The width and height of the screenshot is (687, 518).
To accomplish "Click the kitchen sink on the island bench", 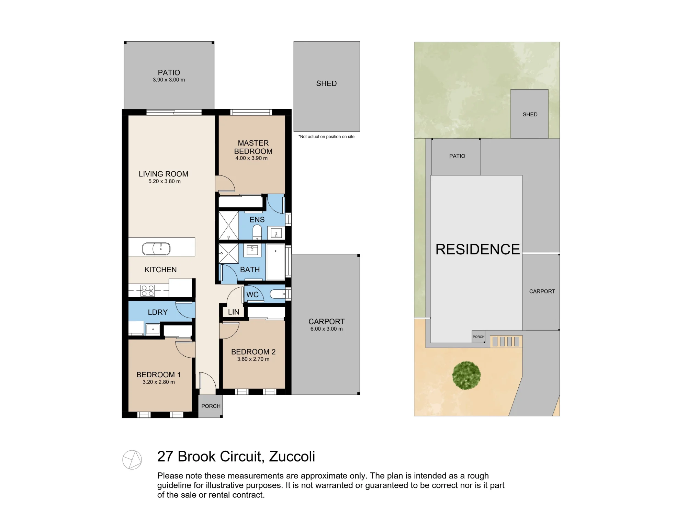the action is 156,249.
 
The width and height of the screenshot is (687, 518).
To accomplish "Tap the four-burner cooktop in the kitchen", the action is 148,291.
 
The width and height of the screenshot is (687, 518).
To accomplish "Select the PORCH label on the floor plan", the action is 211,406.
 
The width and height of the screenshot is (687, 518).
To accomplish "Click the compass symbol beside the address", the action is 132,460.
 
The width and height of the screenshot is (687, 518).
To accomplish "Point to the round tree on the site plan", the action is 466,375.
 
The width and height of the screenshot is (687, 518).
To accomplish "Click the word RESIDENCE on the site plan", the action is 477,249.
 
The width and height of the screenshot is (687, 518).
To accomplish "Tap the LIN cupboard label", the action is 234,312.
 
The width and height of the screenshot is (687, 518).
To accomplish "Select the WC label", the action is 252,295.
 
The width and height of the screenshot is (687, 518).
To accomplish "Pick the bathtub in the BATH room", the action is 275,262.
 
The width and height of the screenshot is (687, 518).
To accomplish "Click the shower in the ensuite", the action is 229,226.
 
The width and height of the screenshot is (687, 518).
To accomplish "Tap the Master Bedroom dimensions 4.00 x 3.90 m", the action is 251,158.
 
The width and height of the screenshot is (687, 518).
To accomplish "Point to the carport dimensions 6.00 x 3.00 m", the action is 326,329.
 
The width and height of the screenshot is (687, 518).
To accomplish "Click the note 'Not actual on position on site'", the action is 326,137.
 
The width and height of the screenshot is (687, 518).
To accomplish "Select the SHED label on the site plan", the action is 530,114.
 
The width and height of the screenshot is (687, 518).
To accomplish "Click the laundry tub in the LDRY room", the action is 153,329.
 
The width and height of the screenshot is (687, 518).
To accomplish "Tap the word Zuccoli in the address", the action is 292,457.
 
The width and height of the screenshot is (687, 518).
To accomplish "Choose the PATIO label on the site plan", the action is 457,156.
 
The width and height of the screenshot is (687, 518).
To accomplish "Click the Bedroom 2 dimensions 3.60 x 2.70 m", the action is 253,359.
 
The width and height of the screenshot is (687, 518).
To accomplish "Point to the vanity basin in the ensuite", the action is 276,233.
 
